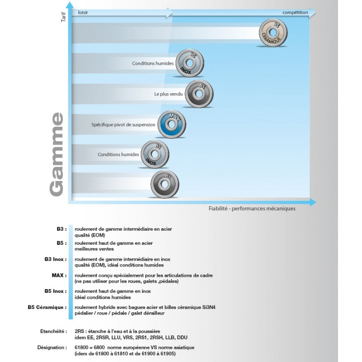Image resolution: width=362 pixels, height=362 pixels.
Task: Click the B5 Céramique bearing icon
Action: (x=274, y=33)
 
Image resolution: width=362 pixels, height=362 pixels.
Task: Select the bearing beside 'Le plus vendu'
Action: (x=198, y=94)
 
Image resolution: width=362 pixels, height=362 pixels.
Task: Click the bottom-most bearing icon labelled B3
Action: (x=164, y=184)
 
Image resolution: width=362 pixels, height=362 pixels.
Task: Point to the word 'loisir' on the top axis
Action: (x=83, y=13)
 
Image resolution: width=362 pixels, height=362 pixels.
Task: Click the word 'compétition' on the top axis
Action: (x=295, y=13)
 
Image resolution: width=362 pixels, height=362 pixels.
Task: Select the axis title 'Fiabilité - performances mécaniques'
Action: (x=252, y=209)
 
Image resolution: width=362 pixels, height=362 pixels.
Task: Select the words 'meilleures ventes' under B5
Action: (x=94, y=248)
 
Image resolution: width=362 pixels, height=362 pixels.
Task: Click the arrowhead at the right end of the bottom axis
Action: (x=313, y=202)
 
